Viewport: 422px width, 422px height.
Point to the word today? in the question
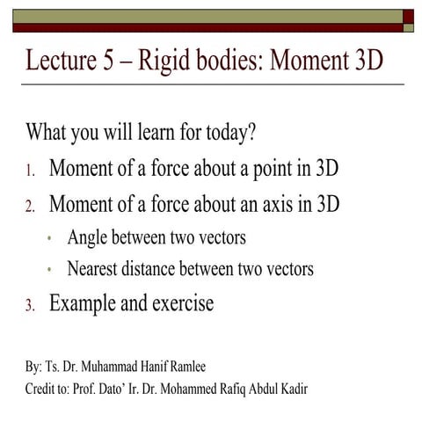228,135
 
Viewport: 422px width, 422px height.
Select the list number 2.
30,207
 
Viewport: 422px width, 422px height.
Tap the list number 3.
30,307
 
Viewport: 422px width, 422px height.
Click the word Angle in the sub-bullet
88,238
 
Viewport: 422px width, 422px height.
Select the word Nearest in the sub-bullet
94,269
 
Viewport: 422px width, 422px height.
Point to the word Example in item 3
86,304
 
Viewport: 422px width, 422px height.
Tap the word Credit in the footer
43,387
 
